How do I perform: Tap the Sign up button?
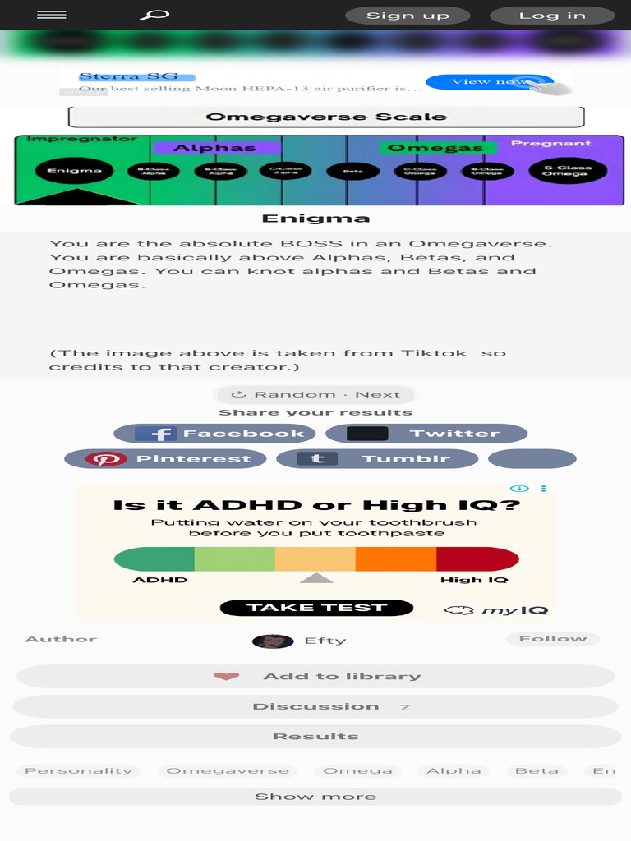point(408,16)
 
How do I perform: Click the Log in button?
point(552,16)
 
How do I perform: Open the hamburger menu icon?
point(52,15)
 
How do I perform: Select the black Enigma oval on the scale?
point(74,171)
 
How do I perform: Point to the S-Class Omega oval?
point(566,171)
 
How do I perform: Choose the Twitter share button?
point(426,434)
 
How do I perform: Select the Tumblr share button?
point(377,459)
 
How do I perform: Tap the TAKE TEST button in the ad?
point(316,608)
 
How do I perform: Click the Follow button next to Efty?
point(552,639)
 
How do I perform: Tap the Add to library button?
point(315,677)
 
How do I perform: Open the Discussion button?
point(315,706)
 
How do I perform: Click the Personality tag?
point(78,771)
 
